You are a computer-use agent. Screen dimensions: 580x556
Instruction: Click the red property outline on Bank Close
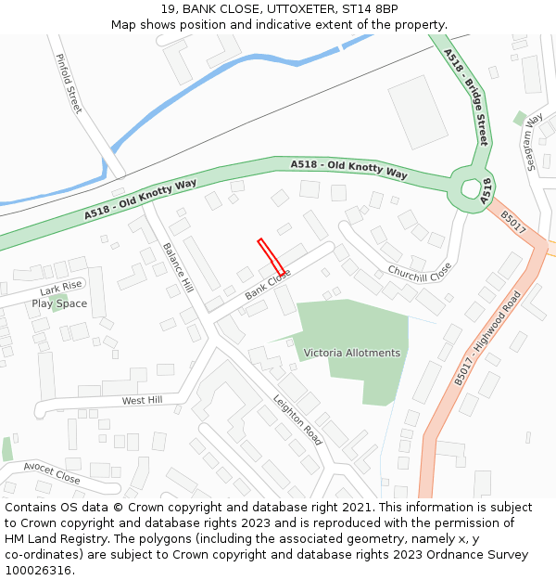click(x=271, y=256)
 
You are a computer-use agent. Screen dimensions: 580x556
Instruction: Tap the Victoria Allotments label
click(x=352, y=353)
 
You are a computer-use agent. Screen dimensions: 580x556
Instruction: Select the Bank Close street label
click(x=268, y=285)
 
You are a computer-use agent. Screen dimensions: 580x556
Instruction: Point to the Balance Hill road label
click(x=176, y=267)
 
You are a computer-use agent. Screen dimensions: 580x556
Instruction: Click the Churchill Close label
click(x=420, y=272)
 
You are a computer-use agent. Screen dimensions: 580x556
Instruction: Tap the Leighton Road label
click(x=297, y=420)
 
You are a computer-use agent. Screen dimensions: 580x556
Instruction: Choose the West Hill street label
click(x=142, y=400)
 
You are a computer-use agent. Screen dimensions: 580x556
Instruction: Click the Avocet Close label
click(x=52, y=473)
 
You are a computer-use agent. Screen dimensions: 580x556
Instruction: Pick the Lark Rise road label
click(x=61, y=288)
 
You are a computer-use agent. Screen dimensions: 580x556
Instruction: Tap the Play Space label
click(x=59, y=303)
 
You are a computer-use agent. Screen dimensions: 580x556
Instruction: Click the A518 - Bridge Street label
click(x=465, y=97)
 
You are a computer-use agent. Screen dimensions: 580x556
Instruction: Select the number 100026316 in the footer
click(x=39, y=570)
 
